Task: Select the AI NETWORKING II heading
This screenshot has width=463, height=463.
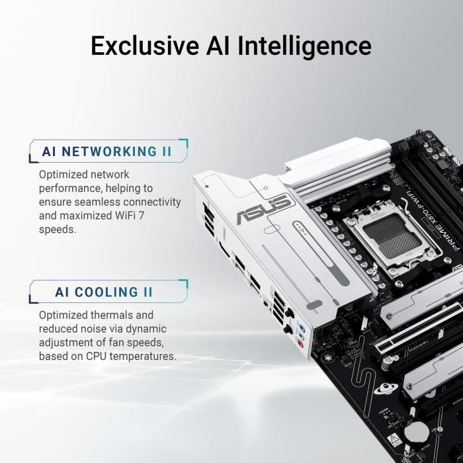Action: point(106,151)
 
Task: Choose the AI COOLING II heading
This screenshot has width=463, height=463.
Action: point(105,292)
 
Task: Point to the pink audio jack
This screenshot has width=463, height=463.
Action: point(300,343)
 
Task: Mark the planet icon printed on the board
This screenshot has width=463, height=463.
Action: point(382,391)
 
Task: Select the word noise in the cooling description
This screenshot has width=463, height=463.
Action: point(95,329)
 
